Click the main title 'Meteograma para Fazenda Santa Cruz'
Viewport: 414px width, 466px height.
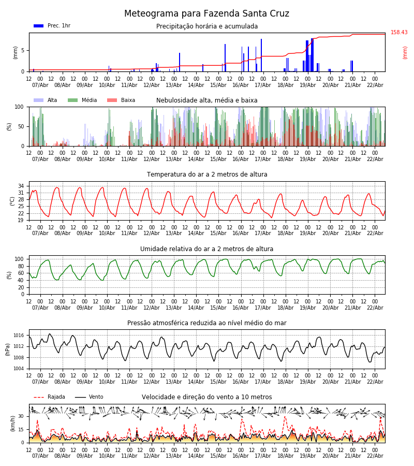click(206, 13)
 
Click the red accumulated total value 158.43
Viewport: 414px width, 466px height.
click(399, 33)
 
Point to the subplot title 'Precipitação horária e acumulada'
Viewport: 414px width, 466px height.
click(207, 26)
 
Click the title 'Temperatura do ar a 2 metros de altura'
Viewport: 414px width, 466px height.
click(207, 174)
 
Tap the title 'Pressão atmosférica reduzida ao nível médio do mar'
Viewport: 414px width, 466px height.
click(207, 323)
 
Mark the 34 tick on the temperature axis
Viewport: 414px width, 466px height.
click(21, 186)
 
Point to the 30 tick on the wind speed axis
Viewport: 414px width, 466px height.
click(21, 416)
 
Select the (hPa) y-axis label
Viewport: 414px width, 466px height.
click(8, 349)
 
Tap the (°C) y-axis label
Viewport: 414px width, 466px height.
click(12, 201)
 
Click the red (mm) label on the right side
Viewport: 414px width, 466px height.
click(405, 52)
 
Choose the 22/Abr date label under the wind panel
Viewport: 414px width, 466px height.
click(375, 456)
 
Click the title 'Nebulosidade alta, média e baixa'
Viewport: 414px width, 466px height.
click(207, 100)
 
